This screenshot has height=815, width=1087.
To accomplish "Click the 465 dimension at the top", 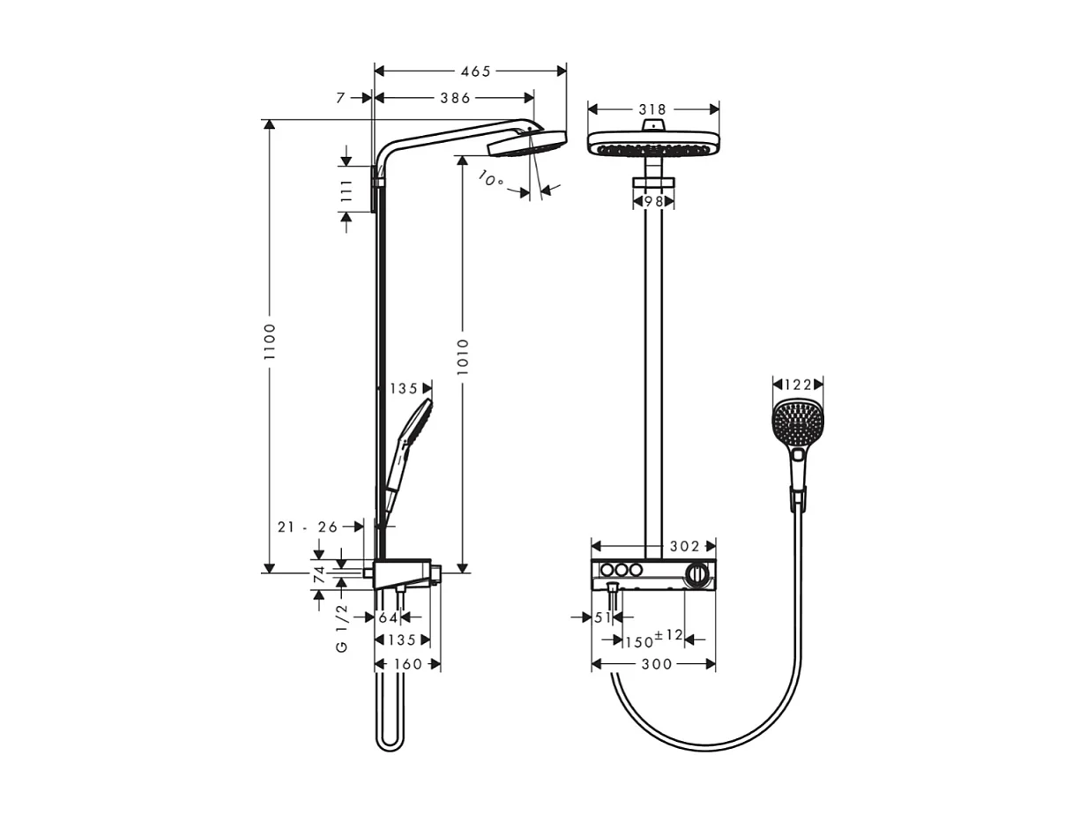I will (473, 71).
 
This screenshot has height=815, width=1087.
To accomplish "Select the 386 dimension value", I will (455, 98).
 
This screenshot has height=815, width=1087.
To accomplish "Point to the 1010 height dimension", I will (463, 355).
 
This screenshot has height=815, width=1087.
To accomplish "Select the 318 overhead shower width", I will (651, 109).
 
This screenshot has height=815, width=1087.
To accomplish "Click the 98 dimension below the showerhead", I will (652, 202).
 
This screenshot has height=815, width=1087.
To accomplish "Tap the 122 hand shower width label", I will (797, 384).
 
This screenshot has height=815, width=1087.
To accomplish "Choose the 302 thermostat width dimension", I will (684, 547).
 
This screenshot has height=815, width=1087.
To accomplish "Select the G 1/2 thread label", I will (342, 628).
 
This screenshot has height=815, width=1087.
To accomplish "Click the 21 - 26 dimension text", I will (307, 527).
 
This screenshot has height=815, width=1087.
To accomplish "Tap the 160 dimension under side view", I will (406, 664).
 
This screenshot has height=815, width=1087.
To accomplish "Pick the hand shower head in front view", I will (797, 424).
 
